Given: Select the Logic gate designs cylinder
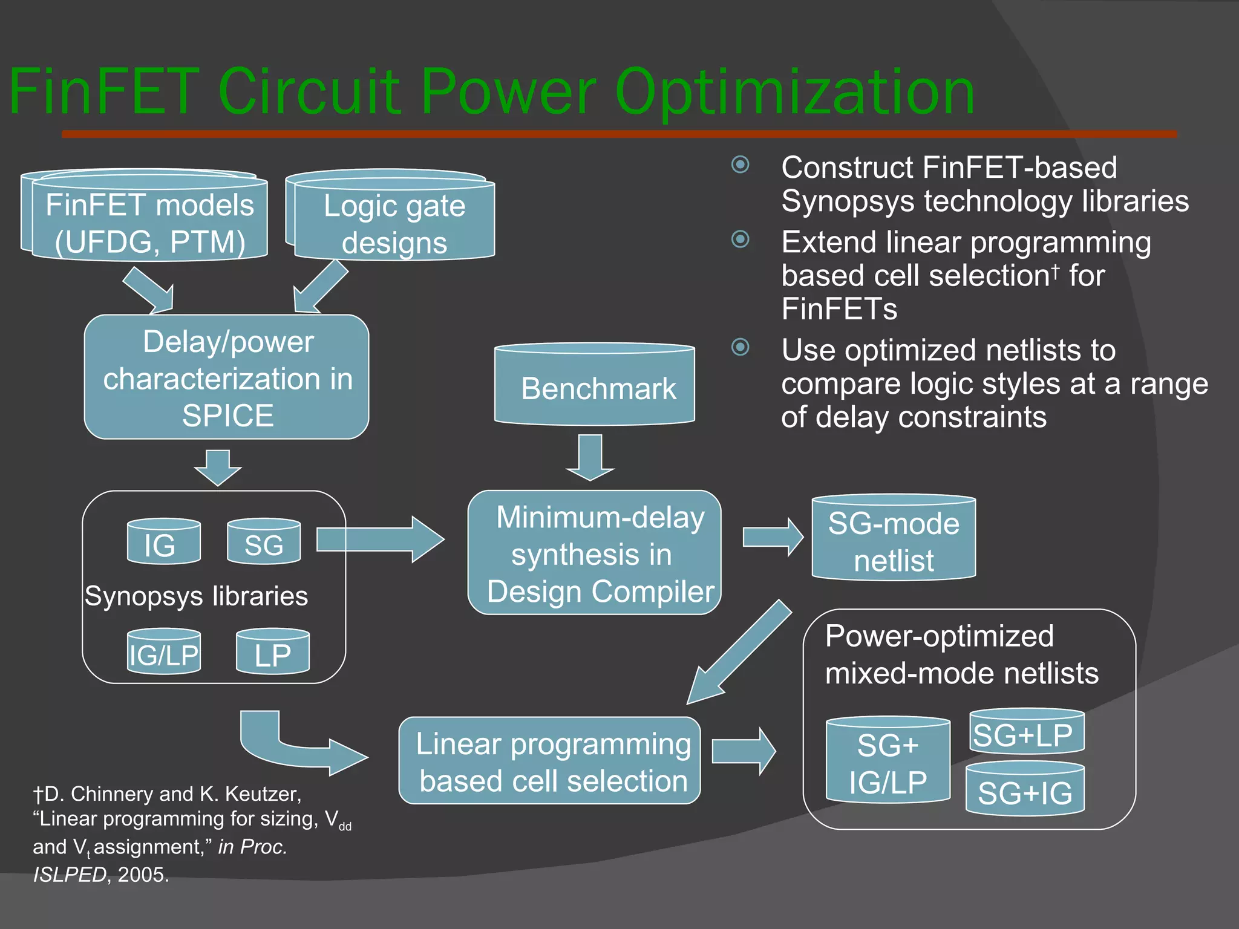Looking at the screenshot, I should click(394, 223).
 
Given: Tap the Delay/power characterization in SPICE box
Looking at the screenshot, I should click(227, 377).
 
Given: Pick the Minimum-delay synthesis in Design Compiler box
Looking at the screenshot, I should click(595, 553).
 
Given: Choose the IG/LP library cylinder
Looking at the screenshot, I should click(163, 653).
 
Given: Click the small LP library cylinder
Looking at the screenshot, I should click(272, 653).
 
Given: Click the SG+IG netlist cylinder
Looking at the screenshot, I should click(1025, 790).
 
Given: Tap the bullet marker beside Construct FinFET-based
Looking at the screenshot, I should click(740, 165).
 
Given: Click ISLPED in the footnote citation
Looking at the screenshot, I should click(69, 875).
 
